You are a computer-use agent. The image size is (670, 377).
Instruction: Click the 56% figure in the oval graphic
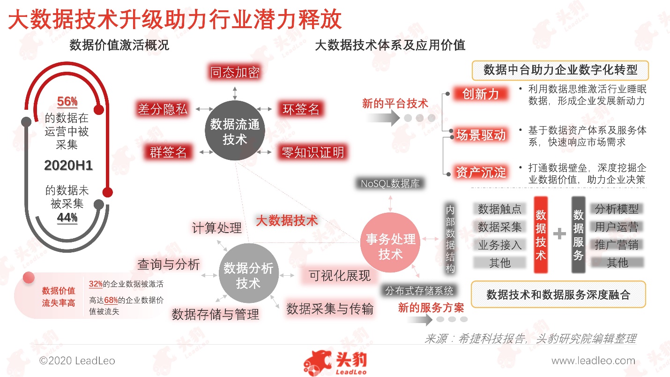tap(67, 101)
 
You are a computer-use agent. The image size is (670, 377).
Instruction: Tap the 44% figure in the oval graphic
tap(67, 218)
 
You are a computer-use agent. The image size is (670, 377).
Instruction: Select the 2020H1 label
tap(68, 166)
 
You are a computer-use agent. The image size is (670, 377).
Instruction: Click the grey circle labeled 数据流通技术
tap(235, 130)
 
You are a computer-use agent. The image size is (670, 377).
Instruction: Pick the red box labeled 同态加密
tap(235, 72)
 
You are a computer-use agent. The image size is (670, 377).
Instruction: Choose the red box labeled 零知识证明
tap(313, 152)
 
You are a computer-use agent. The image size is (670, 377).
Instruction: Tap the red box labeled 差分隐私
tap(163, 109)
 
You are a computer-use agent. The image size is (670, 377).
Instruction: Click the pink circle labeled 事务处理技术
tap(390, 242)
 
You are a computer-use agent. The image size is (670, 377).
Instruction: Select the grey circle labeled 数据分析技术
tap(249, 273)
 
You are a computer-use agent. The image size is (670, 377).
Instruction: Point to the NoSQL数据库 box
tap(390, 183)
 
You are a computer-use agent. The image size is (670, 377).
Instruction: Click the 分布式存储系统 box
tap(419, 290)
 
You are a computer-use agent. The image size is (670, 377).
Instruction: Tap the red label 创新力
tap(480, 94)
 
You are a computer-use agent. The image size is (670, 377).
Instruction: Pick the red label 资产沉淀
tap(481, 173)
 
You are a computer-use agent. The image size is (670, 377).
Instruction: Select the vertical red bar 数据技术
tap(541, 235)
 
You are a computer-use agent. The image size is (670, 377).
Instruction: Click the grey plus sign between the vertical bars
tap(559, 234)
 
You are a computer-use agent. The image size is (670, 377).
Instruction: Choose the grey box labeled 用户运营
tap(617, 227)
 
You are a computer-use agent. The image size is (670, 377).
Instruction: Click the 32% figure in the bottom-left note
tap(96, 284)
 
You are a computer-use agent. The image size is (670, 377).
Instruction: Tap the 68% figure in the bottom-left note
tap(111, 300)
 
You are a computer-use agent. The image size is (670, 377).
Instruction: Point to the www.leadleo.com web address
tap(594, 361)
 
